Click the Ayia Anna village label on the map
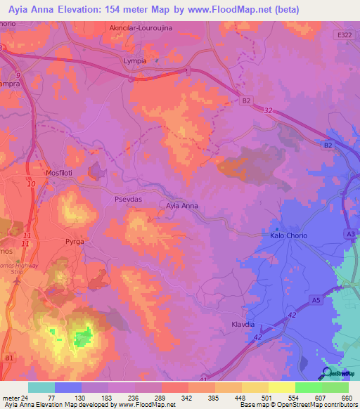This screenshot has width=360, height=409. tap(182, 206)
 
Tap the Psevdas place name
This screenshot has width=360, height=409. tap(129, 199)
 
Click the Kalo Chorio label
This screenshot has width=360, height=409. tap(289, 236)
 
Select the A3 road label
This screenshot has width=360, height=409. tap(349, 233)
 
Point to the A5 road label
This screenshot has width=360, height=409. tap(316, 300)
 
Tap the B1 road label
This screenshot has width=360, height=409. tap(9, 358)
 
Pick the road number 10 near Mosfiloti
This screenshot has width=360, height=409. tap(31, 184)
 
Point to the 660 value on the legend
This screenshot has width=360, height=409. tap(346, 398)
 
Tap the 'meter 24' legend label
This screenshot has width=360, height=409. tap(15, 398)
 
